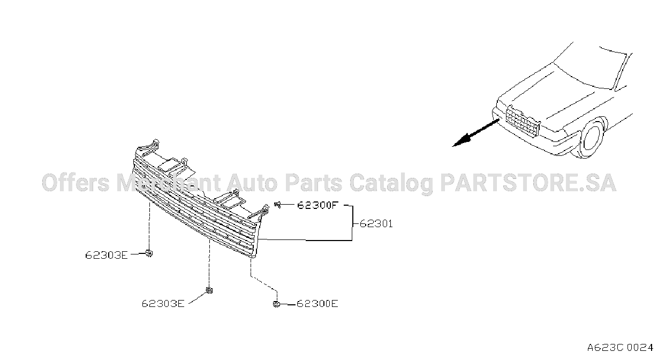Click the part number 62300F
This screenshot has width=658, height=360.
pyautogui.click(x=316, y=205)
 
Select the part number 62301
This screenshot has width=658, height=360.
pyautogui.click(x=376, y=224)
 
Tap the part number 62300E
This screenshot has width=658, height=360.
pyautogui.click(x=317, y=304)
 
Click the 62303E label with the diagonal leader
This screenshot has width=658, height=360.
pyautogui.click(x=163, y=304)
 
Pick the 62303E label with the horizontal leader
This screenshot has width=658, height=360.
pyautogui.click(x=107, y=255)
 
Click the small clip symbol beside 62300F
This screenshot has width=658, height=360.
pyautogui.click(x=277, y=205)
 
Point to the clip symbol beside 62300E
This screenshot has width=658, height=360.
pyautogui.click(x=276, y=304)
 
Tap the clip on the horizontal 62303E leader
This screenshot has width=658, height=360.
pyautogui.click(x=149, y=253)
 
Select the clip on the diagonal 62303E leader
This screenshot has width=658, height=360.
pyautogui.click(x=209, y=290)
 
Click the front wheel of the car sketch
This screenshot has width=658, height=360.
pyautogui.click(x=592, y=138)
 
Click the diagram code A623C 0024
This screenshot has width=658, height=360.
pyautogui.click(x=620, y=348)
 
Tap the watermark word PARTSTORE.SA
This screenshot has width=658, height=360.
pyautogui.click(x=528, y=183)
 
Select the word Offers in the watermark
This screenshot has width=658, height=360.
pyautogui.click(x=75, y=183)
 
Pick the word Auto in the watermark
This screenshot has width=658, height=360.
pyautogui.click(x=252, y=183)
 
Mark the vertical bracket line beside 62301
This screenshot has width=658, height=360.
pyautogui.click(x=352, y=223)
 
